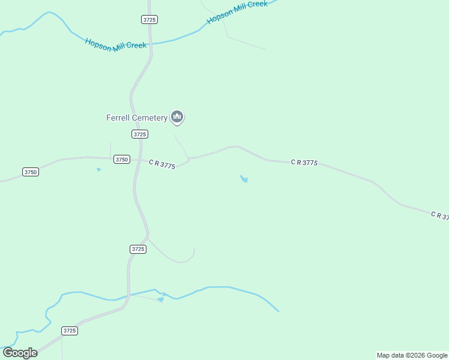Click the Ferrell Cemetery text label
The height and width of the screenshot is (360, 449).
point(137,118)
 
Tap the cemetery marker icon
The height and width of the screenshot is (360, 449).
point(176,116)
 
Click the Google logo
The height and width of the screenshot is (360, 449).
point(20,352)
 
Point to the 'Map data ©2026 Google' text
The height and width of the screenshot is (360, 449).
point(412,355)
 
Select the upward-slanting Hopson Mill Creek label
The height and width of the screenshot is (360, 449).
point(237,12)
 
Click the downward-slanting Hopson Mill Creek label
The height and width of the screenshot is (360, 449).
point(115,45)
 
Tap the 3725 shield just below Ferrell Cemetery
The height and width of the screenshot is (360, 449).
point(139,134)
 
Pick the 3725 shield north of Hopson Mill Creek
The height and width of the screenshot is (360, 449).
point(149,20)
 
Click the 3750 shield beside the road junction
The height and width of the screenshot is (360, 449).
point(122,160)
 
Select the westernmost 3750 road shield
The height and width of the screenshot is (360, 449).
point(31,172)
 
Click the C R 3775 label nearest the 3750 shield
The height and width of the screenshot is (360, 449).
point(161,164)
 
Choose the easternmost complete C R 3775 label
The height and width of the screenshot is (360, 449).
point(304,162)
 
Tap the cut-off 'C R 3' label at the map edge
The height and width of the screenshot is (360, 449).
point(439,215)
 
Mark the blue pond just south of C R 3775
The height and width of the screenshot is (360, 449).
point(244,179)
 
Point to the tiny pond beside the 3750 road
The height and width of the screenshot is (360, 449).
point(98,169)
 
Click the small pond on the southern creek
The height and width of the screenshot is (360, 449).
point(160,299)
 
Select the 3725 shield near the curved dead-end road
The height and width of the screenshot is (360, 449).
point(138,249)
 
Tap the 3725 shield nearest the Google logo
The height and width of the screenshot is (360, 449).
point(70,331)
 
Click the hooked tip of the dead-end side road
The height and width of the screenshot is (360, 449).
point(194,249)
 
